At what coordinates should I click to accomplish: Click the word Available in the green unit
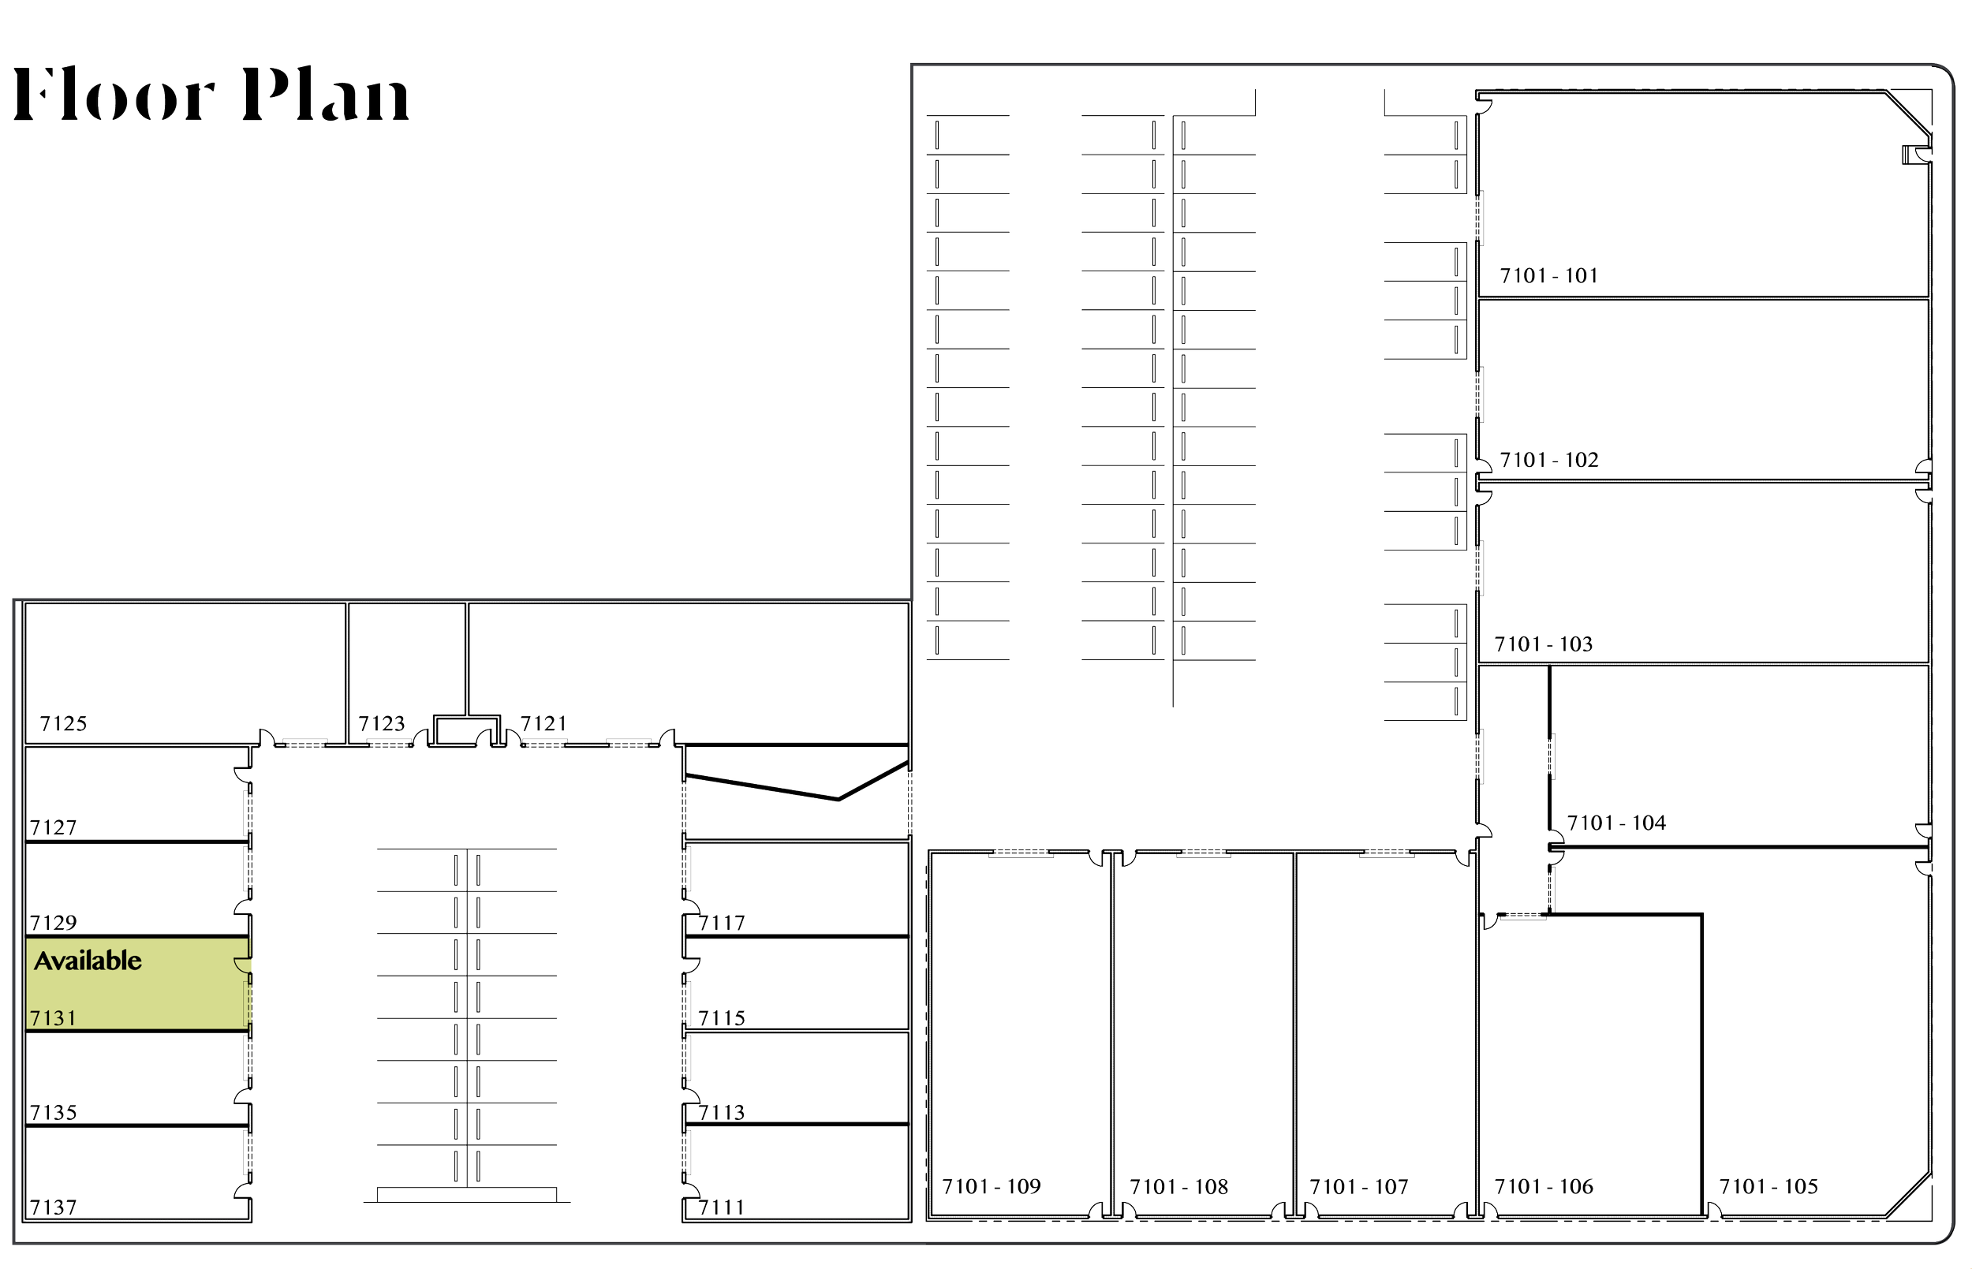[88, 961]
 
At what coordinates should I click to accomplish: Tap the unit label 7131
[53, 1018]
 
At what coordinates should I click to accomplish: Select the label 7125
[63, 724]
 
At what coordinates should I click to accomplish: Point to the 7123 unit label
[383, 724]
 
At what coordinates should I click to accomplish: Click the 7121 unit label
[543, 724]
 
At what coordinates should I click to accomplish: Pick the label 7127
[54, 827]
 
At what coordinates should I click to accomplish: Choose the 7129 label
[54, 922]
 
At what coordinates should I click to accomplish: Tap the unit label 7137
[54, 1208]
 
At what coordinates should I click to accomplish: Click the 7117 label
[722, 923]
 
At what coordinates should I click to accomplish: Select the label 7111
[722, 1208]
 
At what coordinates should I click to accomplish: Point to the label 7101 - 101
[1548, 276]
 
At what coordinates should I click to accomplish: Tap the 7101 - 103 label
[1544, 644]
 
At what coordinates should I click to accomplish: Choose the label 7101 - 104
[1616, 823]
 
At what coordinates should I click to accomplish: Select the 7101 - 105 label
[1768, 1187]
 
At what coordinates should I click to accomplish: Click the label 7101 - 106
[1544, 1187]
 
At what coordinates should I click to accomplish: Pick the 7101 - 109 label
[992, 1187]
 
